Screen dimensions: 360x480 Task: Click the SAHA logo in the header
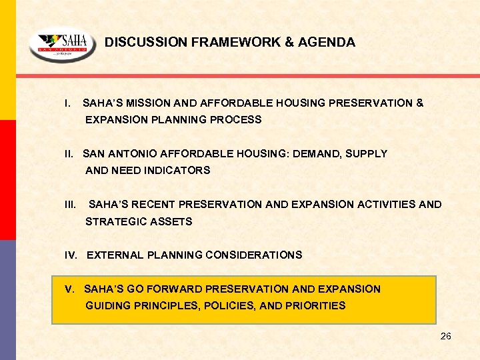(x=62, y=47)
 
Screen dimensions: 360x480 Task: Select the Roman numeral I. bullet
(x=67, y=103)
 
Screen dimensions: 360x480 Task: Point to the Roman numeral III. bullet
(x=70, y=205)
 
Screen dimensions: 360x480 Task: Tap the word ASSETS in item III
(x=172, y=221)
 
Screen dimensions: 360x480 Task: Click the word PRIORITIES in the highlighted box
(x=313, y=306)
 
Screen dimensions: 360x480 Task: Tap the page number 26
(x=445, y=336)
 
